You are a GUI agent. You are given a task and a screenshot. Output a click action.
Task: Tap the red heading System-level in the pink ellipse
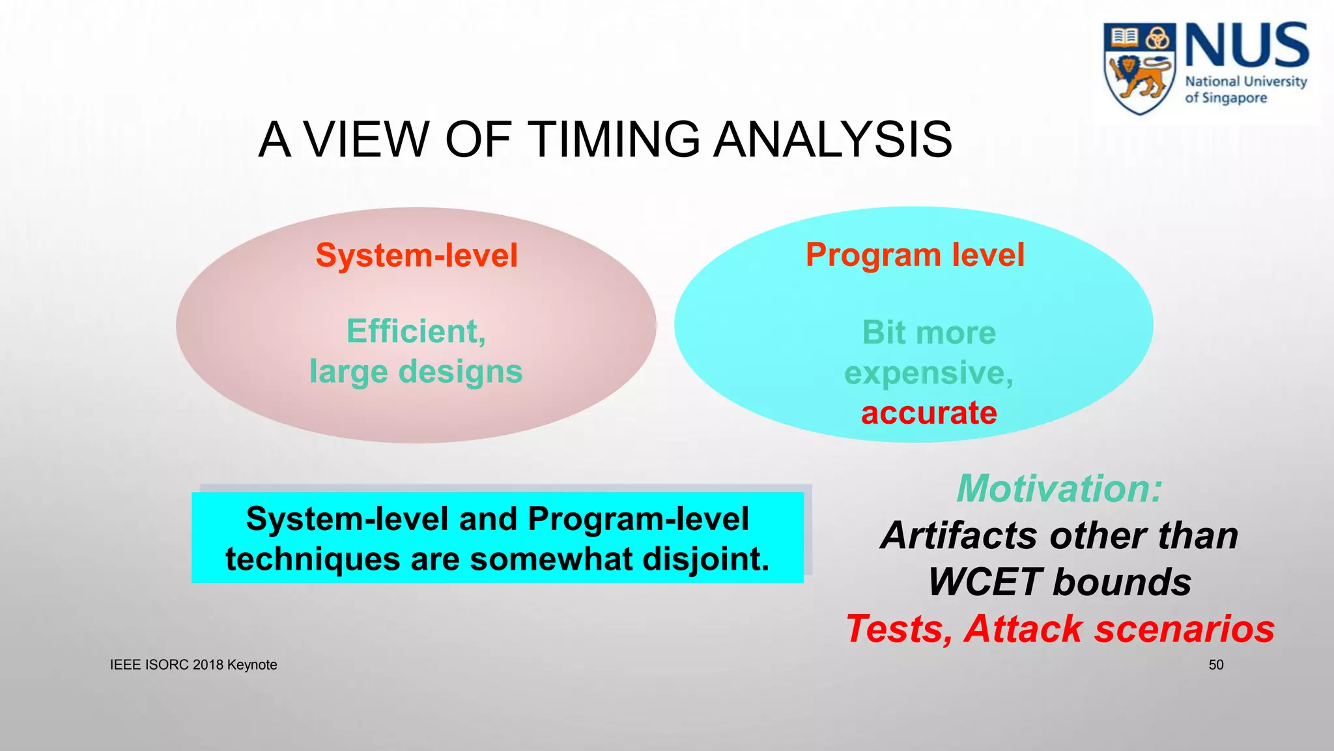click(417, 255)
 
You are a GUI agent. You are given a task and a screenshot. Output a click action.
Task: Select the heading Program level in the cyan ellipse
click(915, 254)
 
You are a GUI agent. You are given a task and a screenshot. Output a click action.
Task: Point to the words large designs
click(416, 372)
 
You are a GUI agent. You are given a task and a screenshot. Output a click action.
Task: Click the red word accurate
click(929, 413)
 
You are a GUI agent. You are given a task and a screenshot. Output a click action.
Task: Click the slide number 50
click(1215, 665)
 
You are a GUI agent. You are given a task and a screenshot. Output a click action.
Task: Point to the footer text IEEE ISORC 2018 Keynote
click(193, 665)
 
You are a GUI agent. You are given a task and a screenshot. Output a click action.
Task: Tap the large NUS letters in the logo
click(1246, 45)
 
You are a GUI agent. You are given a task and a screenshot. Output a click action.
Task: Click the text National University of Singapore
click(1245, 89)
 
